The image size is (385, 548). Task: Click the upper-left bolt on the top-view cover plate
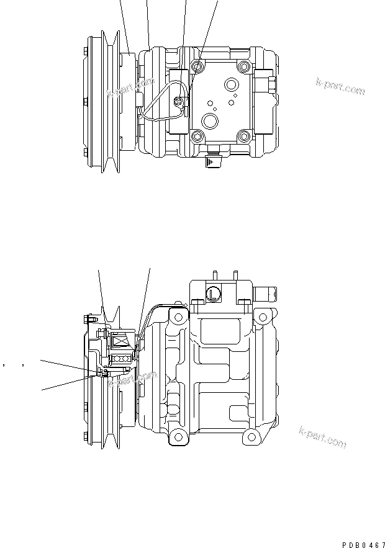[x=198, y=66]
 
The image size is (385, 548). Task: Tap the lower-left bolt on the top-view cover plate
[x=198, y=136]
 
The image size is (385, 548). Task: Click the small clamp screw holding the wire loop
[x=181, y=102]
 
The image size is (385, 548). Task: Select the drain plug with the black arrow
[x=213, y=161]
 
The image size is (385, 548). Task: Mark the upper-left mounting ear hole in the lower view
[x=178, y=318]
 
